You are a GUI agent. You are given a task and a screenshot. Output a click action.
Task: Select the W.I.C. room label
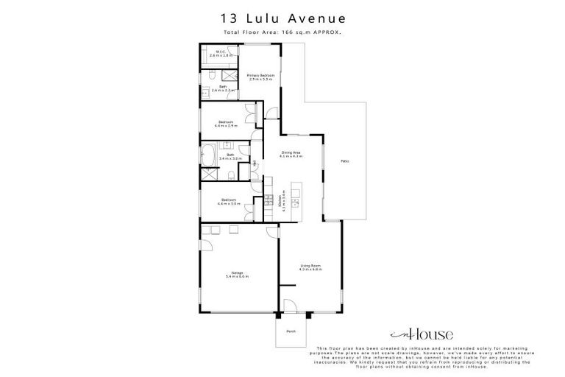pos(220,54)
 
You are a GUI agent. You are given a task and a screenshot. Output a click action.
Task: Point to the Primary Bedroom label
pos(260,76)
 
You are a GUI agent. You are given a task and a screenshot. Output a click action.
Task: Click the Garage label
pos(238,274)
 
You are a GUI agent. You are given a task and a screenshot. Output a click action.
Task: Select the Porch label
pos(291,331)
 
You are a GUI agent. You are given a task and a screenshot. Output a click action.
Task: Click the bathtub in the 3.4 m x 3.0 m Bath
pos(208,156)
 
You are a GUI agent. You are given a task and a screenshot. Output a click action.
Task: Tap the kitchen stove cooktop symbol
pos(269,200)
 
